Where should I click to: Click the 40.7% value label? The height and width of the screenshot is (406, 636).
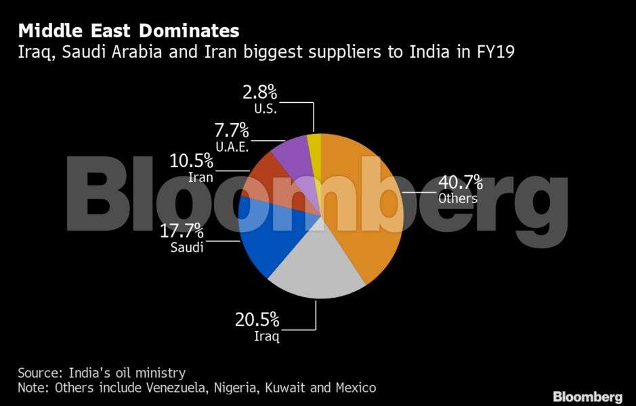coord(461,183)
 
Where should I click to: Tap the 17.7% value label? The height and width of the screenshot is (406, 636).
coord(182,230)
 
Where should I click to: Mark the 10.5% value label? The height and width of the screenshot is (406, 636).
coord(191,161)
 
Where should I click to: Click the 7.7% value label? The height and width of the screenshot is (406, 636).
coord(230,130)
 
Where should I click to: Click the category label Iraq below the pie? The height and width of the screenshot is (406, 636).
coord(266,336)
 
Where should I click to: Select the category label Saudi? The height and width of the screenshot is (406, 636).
coord(187,247)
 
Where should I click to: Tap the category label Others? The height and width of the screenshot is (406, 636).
coord(458,199)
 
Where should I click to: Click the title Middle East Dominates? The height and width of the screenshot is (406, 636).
coord(128,30)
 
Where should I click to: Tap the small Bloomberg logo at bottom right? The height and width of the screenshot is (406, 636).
coord(587,397)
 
